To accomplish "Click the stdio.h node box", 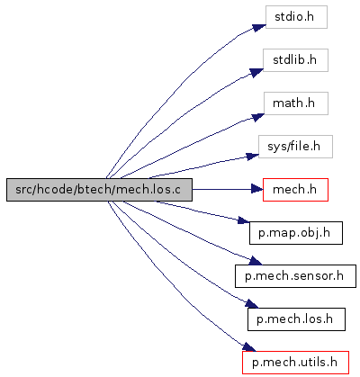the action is [296, 17].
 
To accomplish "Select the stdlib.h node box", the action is [295, 60].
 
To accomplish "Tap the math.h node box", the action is [296, 103].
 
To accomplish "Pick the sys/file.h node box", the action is [295, 147].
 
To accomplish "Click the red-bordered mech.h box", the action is [295, 190].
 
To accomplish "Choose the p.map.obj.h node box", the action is [296, 233].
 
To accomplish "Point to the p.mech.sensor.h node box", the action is [295, 276].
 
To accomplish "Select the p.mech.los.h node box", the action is [296, 319].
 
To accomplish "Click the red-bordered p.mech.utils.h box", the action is [295, 363].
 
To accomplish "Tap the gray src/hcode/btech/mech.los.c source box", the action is [99, 190].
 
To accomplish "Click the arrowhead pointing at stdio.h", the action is [258, 27].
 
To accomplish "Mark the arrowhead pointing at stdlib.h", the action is [256, 73].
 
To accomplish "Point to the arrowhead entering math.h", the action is [257, 117].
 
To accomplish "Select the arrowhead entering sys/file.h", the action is [253, 157].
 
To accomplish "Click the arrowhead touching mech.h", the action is [257, 189].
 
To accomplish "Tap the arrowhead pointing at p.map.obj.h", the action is [244, 220].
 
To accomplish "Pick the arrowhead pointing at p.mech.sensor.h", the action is [256, 261].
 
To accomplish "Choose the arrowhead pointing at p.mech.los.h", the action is [251, 303].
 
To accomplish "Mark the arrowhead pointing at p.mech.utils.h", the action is [249, 347].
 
